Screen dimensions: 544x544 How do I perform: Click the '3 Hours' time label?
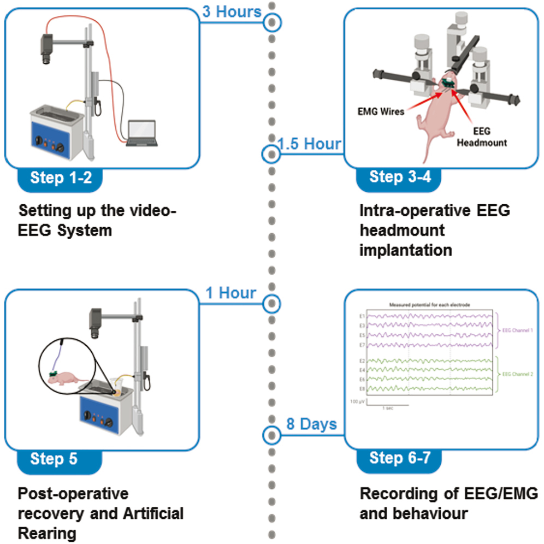coord(232,11)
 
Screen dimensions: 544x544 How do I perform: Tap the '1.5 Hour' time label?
coord(309,144)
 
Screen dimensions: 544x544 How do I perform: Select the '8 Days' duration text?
coord(311,424)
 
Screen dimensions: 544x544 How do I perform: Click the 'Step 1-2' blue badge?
coord(61,178)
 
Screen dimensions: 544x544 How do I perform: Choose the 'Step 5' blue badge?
coord(61,458)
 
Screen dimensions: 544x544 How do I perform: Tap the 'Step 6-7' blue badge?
coord(399,457)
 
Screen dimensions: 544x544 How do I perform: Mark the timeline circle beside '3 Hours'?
coord(271,23)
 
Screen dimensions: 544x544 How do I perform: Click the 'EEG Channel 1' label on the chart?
coord(517,330)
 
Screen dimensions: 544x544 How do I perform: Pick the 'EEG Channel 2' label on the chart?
coord(517,374)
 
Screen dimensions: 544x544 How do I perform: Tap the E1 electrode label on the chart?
coord(362,316)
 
